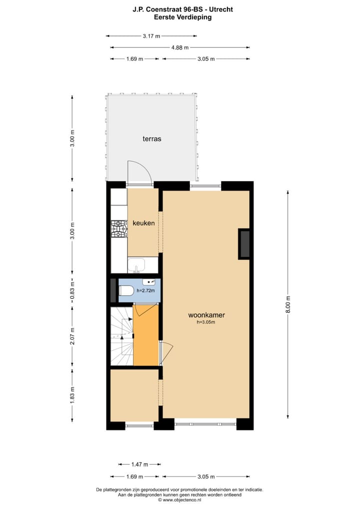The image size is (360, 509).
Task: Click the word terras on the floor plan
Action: point(151,139)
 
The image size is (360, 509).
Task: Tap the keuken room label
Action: point(143,223)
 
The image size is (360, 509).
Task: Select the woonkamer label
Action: point(206,315)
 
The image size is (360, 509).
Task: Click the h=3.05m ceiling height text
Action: point(205,322)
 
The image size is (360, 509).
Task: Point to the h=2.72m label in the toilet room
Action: point(145,290)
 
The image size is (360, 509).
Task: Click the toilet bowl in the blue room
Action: point(125,290)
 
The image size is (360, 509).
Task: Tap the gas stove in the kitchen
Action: point(119,229)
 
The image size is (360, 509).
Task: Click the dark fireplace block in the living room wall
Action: point(244,243)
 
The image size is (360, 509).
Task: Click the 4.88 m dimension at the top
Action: point(180,47)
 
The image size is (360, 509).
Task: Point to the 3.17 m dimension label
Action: point(151,36)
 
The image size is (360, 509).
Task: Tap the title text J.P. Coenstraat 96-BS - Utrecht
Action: point(179,9)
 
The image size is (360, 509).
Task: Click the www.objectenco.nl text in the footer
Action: point(181,499)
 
